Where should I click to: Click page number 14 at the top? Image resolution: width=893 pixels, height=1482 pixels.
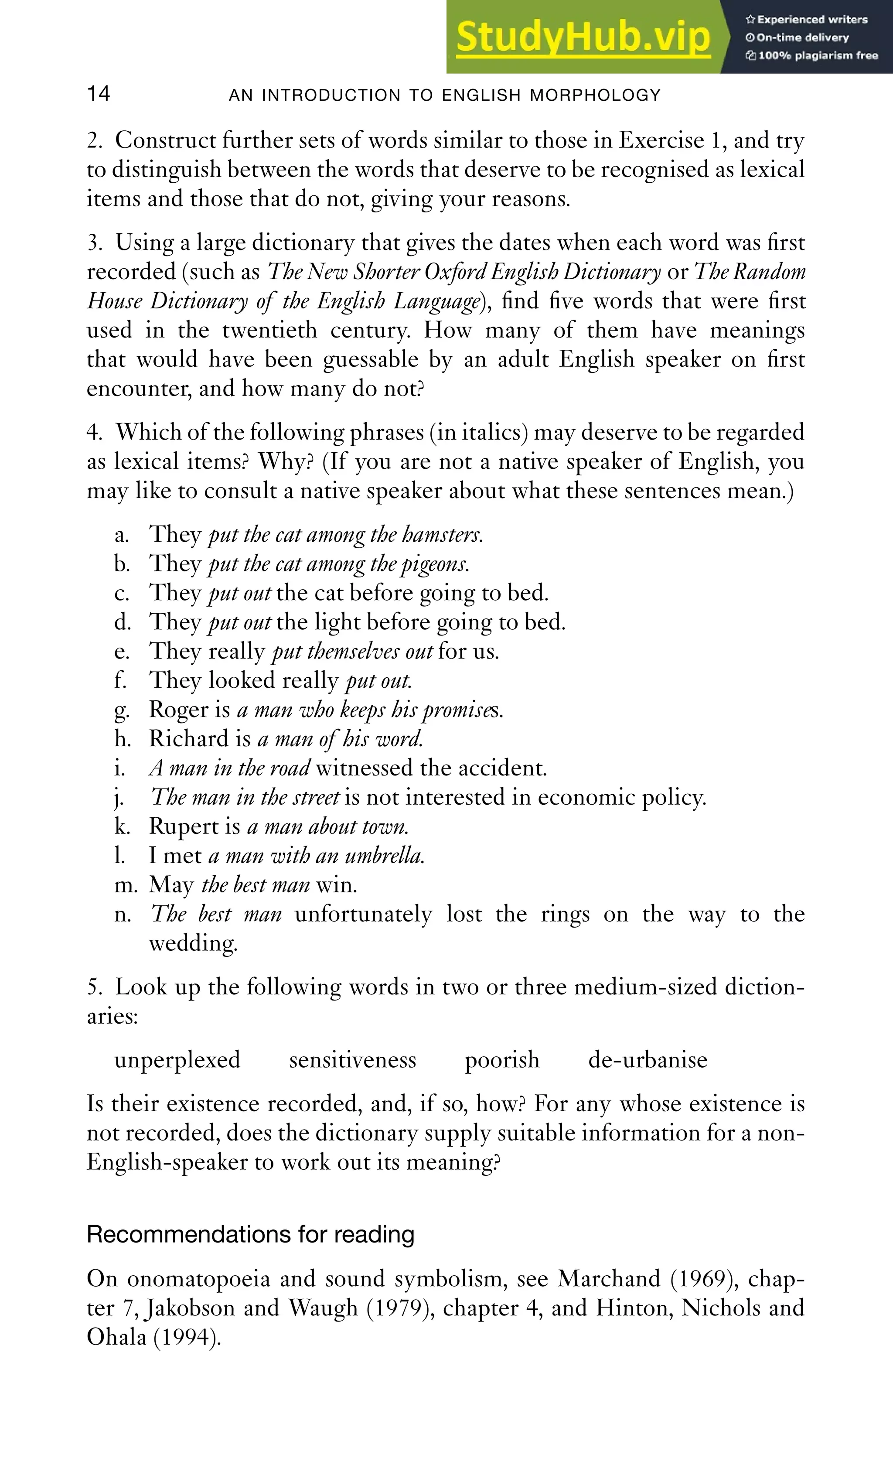pos(99,93)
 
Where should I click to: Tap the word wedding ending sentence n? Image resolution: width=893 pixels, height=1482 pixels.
pos(193,943)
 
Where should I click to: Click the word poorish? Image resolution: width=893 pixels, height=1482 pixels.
pos(502,1060)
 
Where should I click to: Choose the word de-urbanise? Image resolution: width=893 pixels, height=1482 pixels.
pos(648,1060)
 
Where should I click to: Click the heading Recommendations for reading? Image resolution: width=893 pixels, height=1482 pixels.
pos(250,1234)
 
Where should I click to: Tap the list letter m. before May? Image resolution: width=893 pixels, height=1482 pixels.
pos(126,885)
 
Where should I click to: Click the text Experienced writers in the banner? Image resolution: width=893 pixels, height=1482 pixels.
pos(812,19)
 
